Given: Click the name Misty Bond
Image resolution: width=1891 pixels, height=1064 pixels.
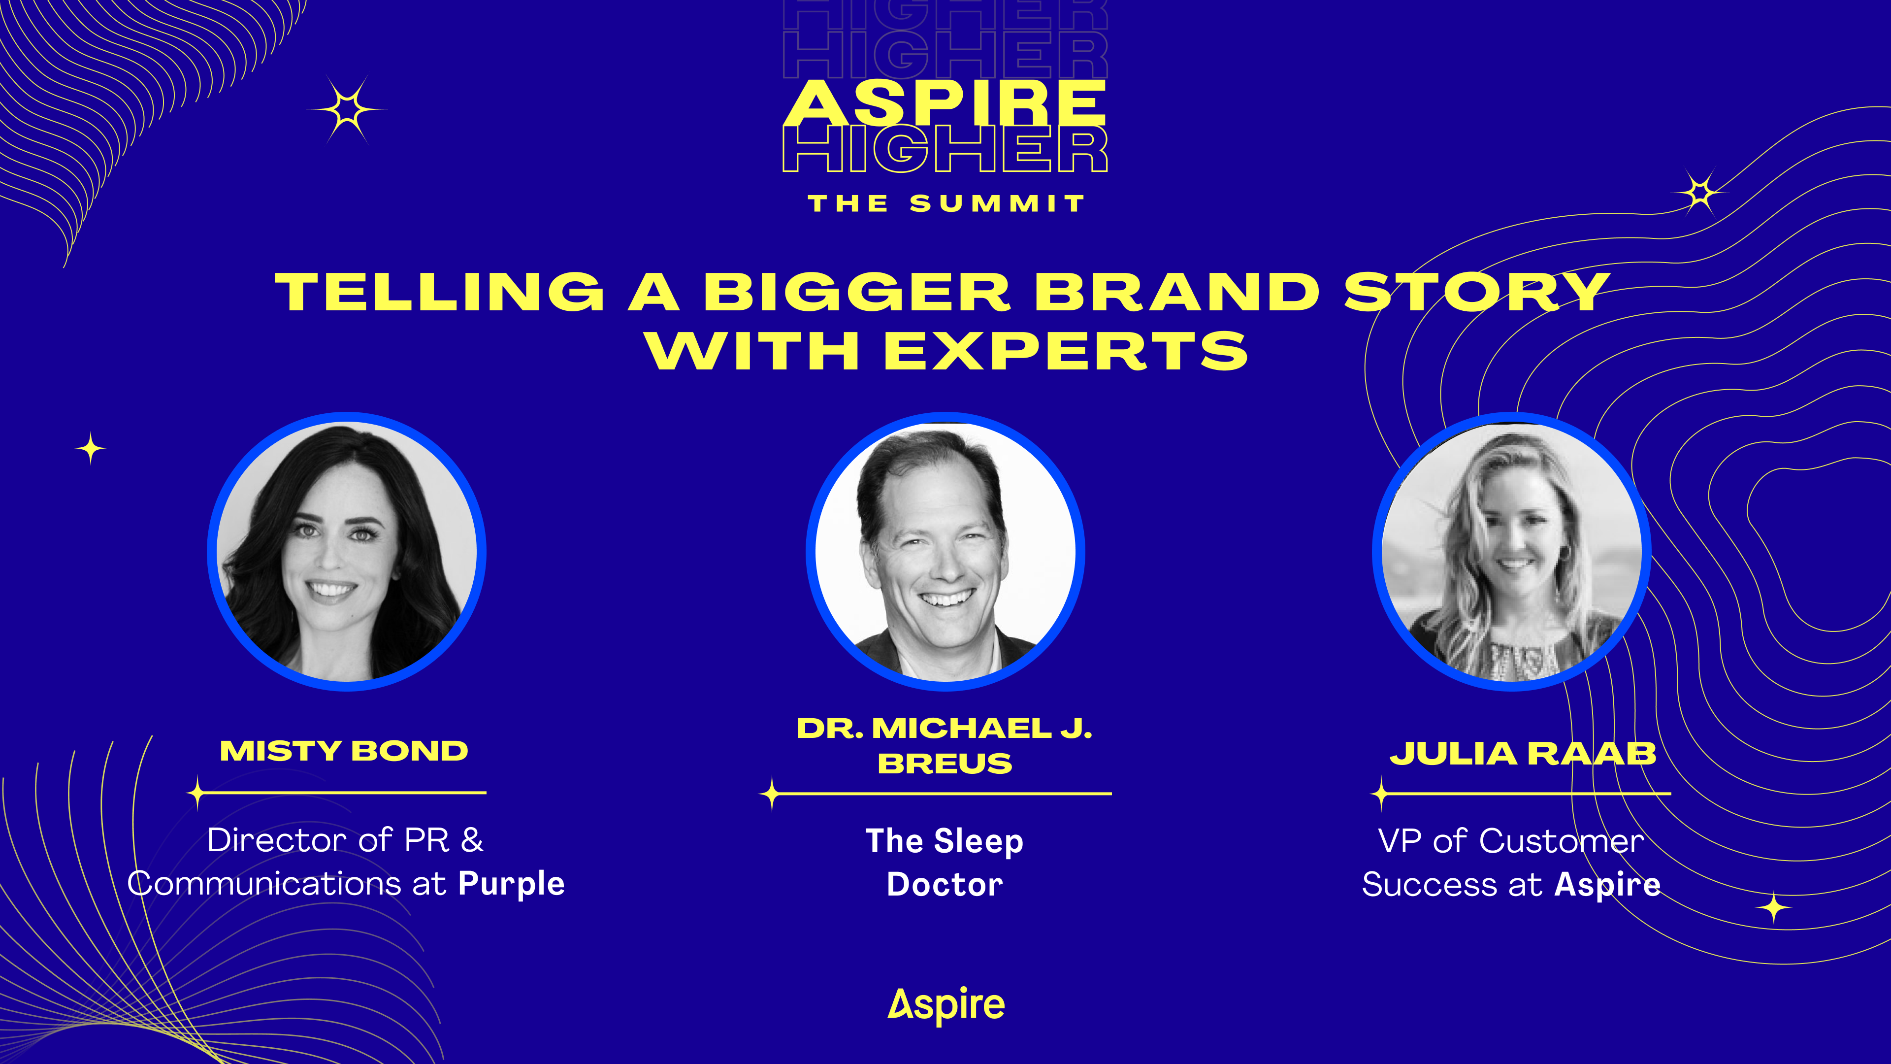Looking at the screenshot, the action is (x=344, y=751).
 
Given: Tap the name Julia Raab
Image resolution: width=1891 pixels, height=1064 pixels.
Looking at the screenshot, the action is (x=1523, y=754).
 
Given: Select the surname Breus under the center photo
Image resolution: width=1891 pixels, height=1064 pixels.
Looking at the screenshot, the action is (x=945, y=764).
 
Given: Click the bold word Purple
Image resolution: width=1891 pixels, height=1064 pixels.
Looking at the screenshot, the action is (x=512, y=885).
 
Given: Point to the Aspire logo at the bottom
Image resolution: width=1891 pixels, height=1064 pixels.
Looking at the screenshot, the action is (x=946, y=1005).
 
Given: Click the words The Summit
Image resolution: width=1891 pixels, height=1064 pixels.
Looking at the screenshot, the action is (x=945, y=203).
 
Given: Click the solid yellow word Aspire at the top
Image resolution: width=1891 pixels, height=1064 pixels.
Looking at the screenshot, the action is (x=945, y=103).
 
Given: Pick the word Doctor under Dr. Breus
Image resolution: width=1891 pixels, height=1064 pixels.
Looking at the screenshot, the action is (x=945, y=885).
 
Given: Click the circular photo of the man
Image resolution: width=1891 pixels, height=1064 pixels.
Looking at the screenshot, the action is (x=945, y=552).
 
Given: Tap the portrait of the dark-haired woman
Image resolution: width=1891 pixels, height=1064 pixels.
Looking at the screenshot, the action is (x=347, y=552).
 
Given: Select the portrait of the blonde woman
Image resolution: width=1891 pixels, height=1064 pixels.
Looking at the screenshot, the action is (x=1511, y=552).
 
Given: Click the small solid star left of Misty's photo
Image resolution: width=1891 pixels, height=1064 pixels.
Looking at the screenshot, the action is (x=90, y=449).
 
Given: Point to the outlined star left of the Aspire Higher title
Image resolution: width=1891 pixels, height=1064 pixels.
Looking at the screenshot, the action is (x=347, y=110).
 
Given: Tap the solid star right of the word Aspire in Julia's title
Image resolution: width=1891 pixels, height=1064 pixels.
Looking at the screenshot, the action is (x=1773, y=908).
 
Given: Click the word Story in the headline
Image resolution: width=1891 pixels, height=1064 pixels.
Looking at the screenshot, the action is (x=1477, y=292).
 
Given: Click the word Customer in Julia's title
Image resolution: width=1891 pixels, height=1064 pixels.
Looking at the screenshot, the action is (x=1562, y=841).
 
